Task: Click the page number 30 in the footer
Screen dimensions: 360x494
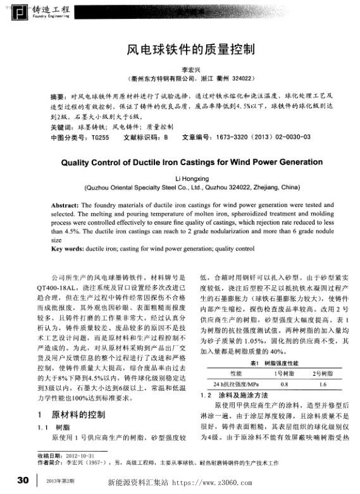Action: (23, 479)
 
